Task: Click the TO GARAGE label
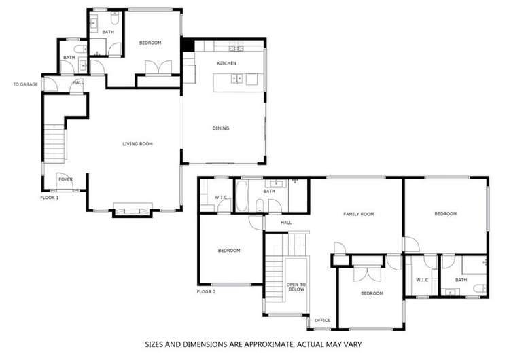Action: [x=24, y=84]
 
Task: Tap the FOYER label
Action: [x=65, y=180]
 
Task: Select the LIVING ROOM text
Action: [x=137, y=143]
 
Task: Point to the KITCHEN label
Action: [x=226, y=63]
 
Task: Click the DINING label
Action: [x=220, y=128]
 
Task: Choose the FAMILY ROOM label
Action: [x=358, y=214]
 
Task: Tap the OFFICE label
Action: [x=322, y=320]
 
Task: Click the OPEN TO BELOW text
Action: [x=296, y=287]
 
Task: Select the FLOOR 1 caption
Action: [x=50, y=198]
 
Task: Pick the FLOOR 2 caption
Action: [x=206, y=291]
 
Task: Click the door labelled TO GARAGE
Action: [x=47, y=84]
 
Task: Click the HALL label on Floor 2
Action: [x=286, y=221]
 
